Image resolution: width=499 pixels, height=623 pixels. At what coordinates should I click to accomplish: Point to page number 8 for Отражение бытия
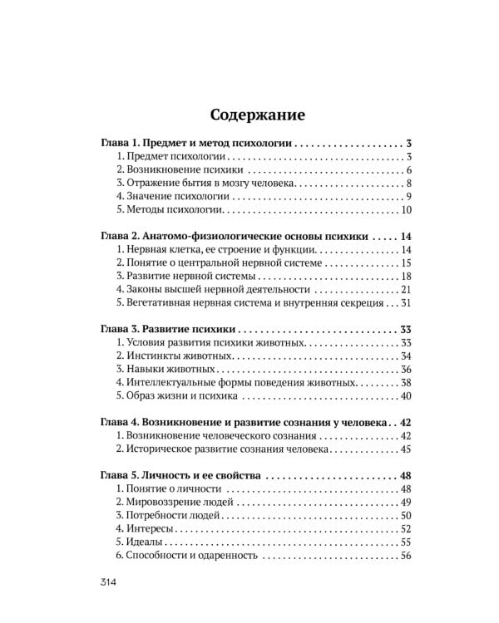[409, 184]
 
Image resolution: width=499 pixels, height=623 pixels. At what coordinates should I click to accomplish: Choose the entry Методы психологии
[166, 210]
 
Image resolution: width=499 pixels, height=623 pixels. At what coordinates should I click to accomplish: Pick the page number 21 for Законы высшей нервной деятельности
[407, 290]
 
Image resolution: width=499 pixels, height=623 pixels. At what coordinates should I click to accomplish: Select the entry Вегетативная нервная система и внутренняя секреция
[250, 303]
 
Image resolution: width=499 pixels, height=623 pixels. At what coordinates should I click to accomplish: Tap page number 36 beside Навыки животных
[407, 370]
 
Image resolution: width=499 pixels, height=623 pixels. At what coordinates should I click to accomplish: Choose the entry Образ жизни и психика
[170, 396]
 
